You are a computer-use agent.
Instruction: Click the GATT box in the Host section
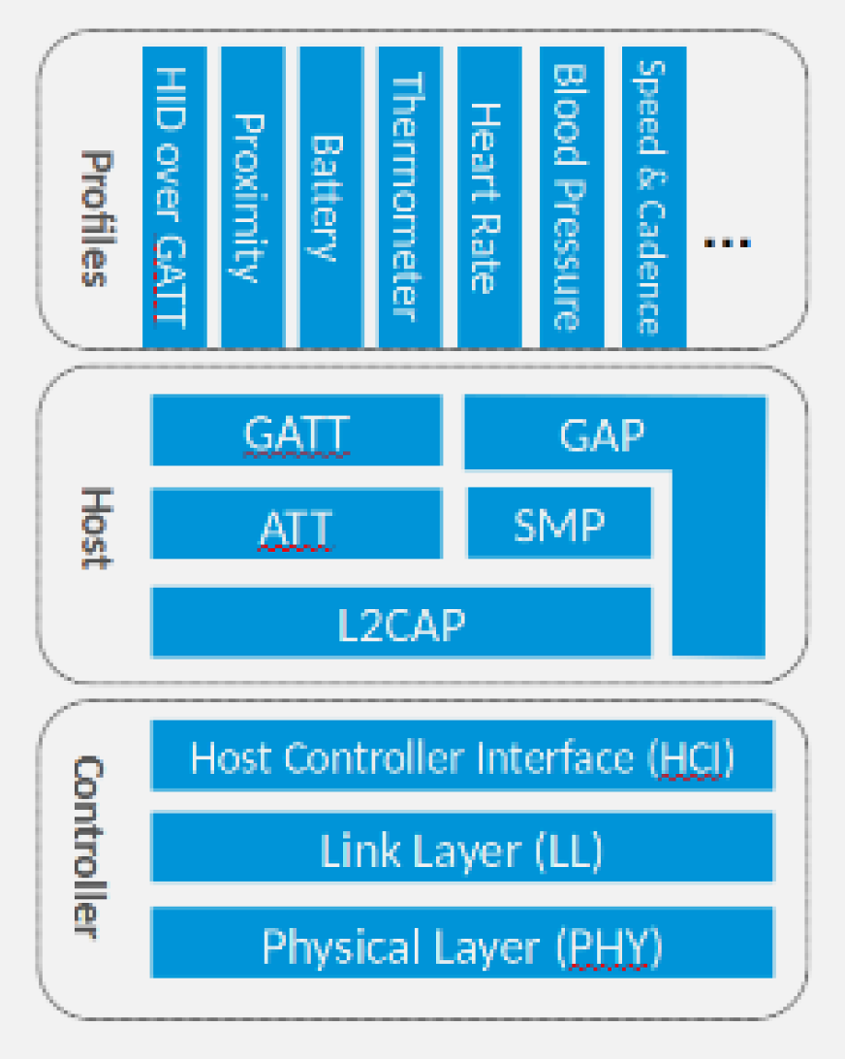pos(297,431)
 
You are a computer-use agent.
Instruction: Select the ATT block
pos(297,525)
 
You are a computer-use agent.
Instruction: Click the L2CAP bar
pos(401,623)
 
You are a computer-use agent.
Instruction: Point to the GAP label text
pos(602,435)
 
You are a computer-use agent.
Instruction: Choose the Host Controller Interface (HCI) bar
pos(462,755)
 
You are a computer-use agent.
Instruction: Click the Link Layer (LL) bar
pos(462,850)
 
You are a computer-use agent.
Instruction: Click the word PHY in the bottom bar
pos(610,947)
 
